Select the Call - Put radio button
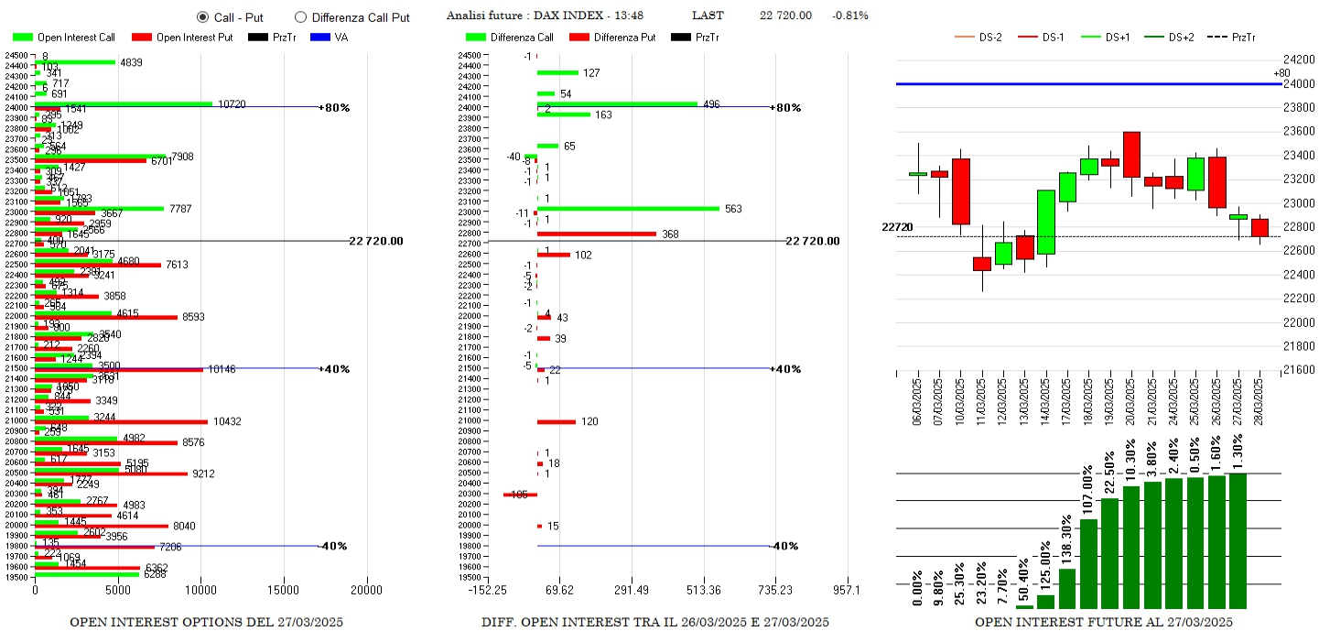202,17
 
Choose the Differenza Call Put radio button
300,17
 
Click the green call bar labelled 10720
124,103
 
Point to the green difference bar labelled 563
628,209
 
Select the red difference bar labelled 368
596,234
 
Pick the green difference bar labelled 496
617,103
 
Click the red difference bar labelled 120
556,421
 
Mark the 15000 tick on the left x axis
284,592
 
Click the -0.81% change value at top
849,16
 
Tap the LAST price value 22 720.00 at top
785,16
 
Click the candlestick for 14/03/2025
1046,222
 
